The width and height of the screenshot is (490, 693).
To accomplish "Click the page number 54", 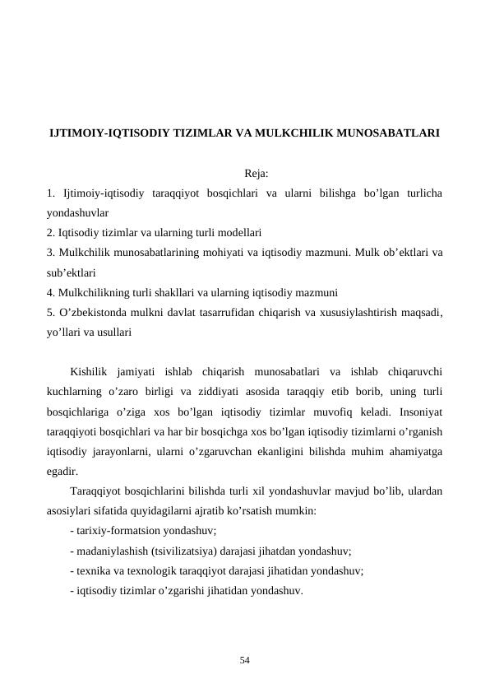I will tap(245, 660).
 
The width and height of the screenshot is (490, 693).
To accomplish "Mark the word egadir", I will tap(63, 472).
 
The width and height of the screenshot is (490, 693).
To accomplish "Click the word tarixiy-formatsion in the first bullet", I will tap(121, 531).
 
